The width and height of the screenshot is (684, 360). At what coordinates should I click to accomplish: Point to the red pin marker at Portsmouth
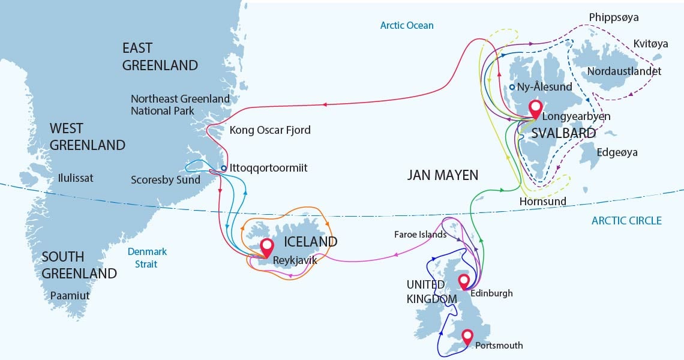[467, 337]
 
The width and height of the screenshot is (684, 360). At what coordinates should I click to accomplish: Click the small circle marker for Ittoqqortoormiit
[224, 168]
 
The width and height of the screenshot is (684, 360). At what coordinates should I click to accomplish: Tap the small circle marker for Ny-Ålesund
[512, 87]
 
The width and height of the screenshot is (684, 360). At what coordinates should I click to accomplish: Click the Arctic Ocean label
[406, 25]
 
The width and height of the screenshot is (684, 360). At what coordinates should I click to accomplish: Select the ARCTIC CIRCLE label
[626, 221]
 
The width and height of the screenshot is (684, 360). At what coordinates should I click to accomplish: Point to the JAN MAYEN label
[443, 175]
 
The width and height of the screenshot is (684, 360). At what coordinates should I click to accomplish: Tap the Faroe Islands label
[420, 234]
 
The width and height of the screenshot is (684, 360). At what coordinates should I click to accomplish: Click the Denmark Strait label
[147, 257]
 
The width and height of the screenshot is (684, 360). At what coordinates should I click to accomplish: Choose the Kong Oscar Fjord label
[270, 130]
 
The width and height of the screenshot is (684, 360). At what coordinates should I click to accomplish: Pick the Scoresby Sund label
[166, 180]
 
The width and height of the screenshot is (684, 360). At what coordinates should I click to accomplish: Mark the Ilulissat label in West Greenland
[76, 178]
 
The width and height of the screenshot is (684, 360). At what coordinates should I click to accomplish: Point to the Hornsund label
[542, 202]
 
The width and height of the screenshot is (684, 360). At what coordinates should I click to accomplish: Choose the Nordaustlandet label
[624, 71]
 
